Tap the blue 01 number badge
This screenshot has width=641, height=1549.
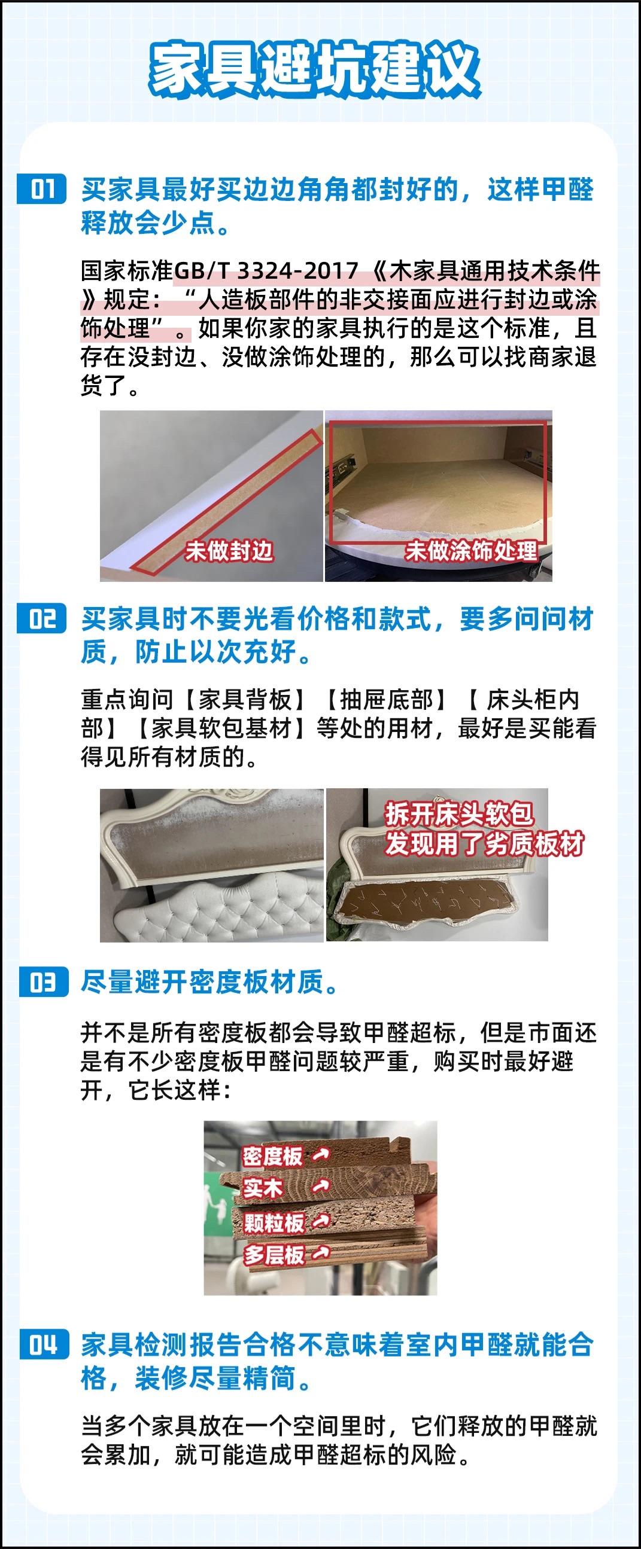[42, 190]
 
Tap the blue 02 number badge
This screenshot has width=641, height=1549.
[42, 619]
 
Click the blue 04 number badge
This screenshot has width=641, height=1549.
[42, 1344]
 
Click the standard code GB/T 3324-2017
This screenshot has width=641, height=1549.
[265, 270]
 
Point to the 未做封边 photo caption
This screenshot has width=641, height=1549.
[229, 550]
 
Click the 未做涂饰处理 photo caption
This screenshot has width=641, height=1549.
[471, 550]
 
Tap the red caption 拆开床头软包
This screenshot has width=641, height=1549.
[458, 815]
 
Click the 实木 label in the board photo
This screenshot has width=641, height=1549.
[262, 1188]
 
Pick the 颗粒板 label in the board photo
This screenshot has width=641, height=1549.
[274, 1222]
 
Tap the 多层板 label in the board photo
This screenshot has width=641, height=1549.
[274, 1254]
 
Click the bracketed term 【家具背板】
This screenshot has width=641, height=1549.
[245, 700]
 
